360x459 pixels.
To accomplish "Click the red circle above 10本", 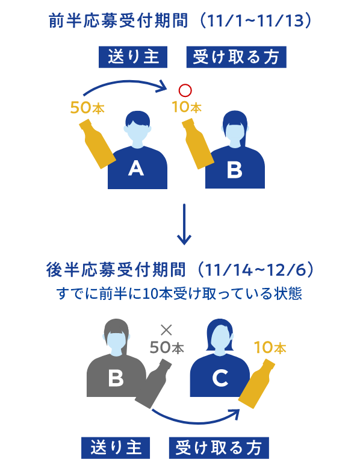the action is pos(185,90).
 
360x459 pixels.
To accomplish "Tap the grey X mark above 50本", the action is pos(166,330).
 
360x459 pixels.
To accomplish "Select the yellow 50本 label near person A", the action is pos(87,107).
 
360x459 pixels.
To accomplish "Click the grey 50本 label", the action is pos(167,348).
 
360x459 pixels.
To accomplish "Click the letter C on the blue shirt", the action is pos(220,378).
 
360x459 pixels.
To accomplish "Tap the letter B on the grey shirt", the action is pos(116,378).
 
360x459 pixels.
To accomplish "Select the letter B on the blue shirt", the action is pos(235,169).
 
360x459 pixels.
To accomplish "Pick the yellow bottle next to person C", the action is pos(256,384).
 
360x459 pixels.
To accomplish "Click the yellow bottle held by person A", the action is pos(98,143).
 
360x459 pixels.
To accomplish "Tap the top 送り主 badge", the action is pos(133,57).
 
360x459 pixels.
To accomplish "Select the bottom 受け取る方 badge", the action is pos(219,448).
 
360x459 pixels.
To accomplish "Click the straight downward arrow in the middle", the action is pos(184,224).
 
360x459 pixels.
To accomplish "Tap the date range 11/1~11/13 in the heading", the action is pos(255,21).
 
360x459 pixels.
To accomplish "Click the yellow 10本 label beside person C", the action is pos(270,348).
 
